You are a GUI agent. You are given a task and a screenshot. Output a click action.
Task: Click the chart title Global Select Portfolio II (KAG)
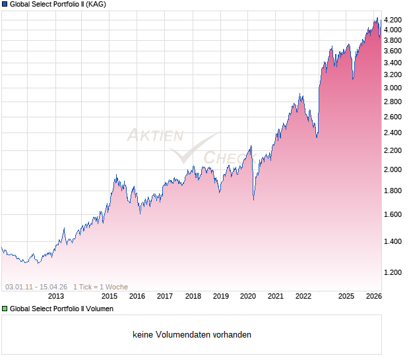coord(58,4)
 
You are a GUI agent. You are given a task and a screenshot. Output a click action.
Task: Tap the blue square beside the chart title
coord(5,4)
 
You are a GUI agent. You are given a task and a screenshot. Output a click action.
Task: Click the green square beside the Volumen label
coord(5,308)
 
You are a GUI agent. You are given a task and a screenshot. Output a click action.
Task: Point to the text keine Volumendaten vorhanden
coord(192,335)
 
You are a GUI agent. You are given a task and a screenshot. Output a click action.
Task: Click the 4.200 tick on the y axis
coord(393,19)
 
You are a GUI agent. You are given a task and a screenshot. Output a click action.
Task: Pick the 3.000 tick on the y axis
coord(393,88)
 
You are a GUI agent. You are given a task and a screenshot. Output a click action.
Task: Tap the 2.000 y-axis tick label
coord(393,169)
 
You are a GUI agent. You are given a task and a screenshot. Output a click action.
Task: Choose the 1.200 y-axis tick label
coord(393,272)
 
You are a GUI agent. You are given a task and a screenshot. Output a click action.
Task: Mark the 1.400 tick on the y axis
coord(393,241)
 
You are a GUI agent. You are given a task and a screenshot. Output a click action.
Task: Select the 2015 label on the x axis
coord(110,297)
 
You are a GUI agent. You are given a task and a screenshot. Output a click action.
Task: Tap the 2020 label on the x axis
coord(248,297)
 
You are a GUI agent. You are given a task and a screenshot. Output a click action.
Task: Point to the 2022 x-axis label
coord(303,297)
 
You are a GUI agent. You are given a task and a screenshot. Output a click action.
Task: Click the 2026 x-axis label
coord(373,297)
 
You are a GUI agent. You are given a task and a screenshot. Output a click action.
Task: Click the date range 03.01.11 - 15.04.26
coord(36,287)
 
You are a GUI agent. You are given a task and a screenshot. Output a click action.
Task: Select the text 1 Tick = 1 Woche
coord(101,287)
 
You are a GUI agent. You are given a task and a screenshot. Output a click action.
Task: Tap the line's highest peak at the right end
coord(377,18)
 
